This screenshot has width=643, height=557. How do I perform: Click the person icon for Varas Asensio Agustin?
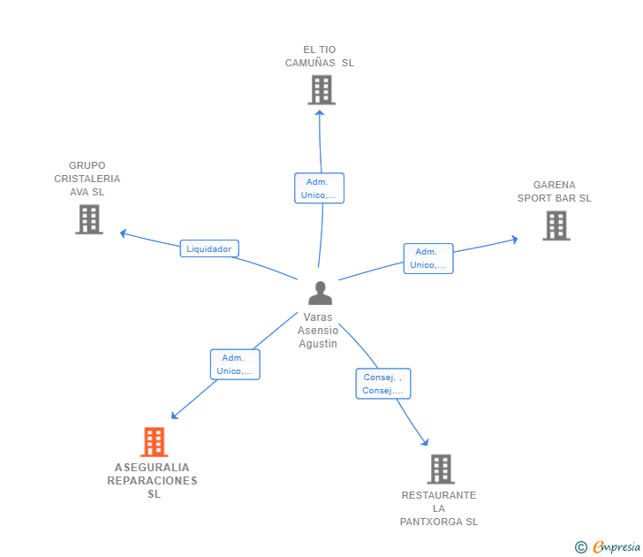320,293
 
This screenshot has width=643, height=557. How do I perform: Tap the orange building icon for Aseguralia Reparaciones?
154,442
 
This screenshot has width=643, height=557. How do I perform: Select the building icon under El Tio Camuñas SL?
321,89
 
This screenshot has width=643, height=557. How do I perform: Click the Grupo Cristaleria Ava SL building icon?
89,219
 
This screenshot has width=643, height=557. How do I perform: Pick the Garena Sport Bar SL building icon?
556,225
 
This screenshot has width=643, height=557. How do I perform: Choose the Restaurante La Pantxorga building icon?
440,469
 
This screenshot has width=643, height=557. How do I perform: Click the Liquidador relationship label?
209,248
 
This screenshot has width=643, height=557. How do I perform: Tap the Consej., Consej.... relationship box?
382,384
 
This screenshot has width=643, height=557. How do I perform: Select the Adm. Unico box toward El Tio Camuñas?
318,188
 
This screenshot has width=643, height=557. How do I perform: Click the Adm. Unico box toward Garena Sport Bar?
428,258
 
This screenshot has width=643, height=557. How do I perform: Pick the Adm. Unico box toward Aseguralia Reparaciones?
234,364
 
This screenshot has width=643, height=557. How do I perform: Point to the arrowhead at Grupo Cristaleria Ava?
124,233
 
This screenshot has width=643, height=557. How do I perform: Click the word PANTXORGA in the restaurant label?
438,522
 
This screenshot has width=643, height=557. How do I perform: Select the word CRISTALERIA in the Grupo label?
87,179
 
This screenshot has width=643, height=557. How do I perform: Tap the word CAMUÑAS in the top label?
310,63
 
